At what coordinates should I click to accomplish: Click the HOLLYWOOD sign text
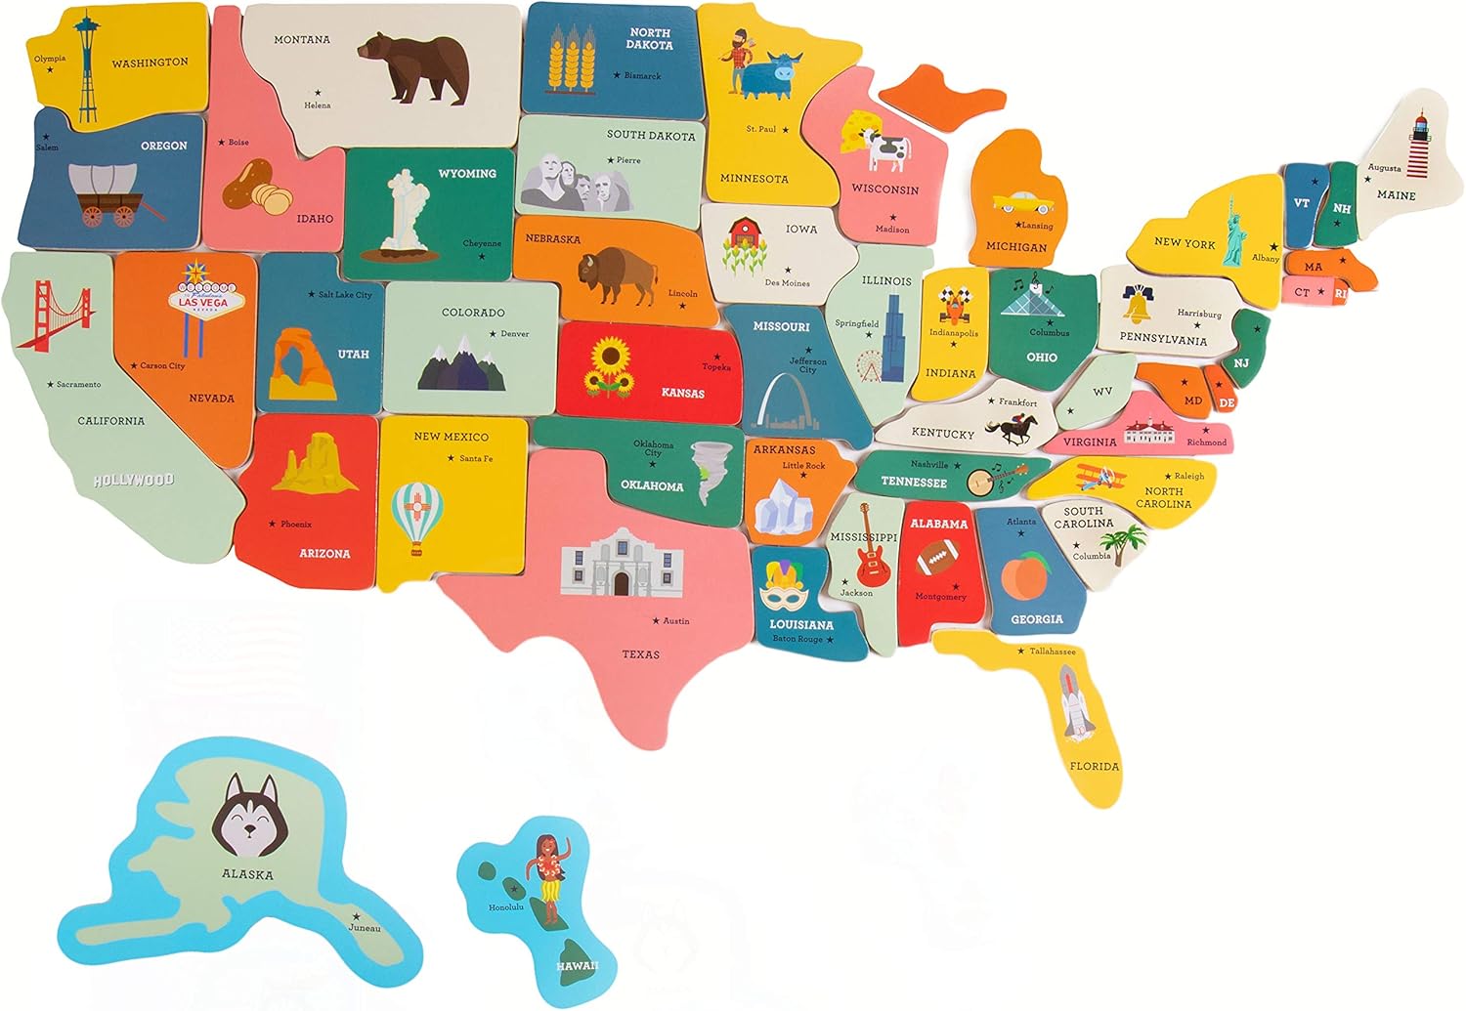tap(134, 481)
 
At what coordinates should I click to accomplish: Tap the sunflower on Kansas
tap(608, 366)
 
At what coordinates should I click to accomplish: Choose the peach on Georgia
tap(1023, 575)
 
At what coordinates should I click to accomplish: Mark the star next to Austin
tap(656, 621)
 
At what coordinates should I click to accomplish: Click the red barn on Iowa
tap(745, 234)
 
